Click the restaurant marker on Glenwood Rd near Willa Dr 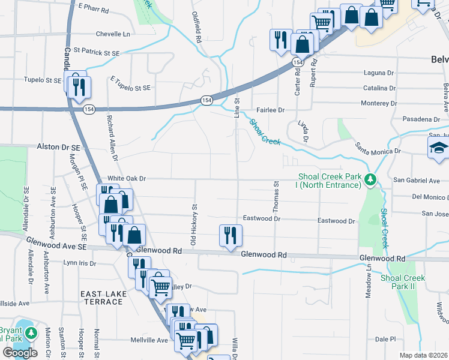point(231,235)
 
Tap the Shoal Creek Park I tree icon point(371,179)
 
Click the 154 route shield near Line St point(206,100)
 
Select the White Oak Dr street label point(127,178)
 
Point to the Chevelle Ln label point(113,34)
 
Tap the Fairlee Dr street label point(270,110)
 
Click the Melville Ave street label point(149,340)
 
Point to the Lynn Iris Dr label point(80,263)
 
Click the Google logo point(20,353)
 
